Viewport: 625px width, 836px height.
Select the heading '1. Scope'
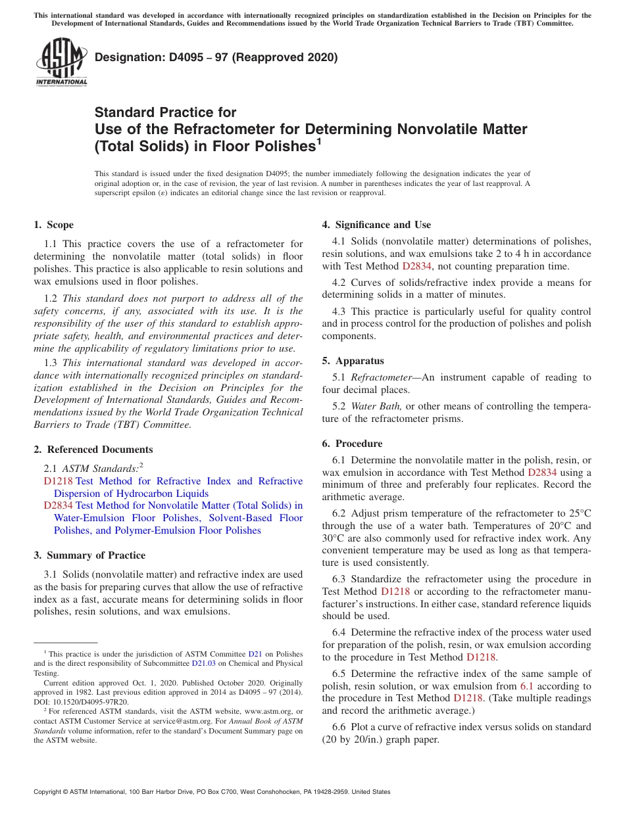click(54, 225)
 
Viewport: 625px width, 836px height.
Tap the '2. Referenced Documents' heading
click(93, 450)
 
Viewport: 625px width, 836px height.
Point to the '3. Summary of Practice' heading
click(89, 555)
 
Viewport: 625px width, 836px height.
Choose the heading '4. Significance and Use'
click(376, 225)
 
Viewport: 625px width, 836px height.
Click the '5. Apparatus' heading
click(353, 361)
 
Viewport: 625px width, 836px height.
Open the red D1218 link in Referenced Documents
click(58, 481)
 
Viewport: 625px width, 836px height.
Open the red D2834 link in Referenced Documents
click(59, 505)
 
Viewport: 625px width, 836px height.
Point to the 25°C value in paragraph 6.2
click(578, 513)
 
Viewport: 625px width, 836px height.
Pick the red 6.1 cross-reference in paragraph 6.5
click(527, 686)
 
